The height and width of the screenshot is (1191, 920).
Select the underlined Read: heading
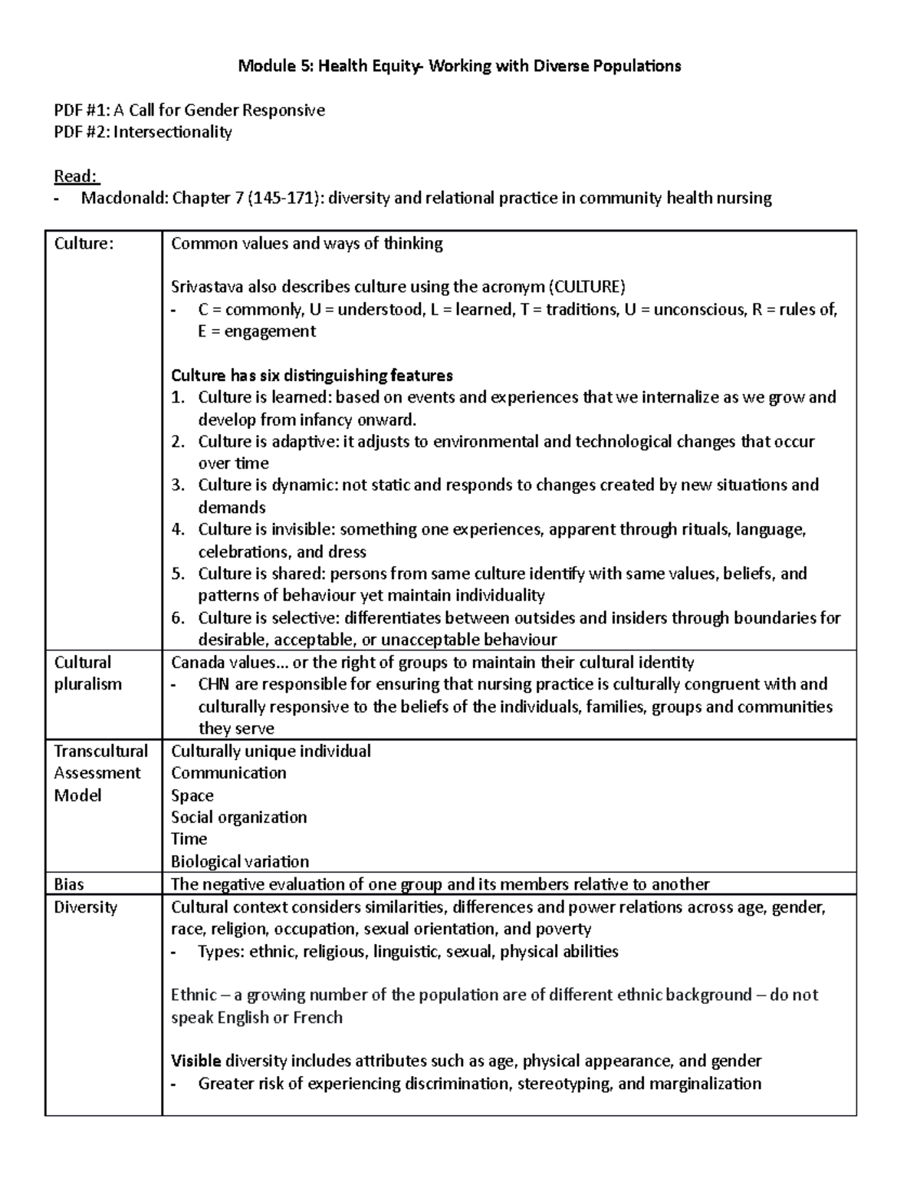click(76, 176)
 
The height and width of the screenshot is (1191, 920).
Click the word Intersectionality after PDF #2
click(172, 132)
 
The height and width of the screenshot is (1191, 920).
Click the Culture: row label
click(84, 244)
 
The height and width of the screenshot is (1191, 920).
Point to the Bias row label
click(69, 884)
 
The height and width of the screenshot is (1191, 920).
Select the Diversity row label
click(85, 907)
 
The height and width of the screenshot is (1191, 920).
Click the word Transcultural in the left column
click(100, 751)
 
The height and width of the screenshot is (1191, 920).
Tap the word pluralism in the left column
click(87, 684)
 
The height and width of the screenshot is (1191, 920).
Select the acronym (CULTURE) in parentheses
click(586, 288)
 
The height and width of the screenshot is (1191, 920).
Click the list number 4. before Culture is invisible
click(178, 529)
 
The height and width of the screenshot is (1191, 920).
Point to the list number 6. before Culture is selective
click(178, 618)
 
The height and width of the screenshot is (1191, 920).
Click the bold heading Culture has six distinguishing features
click(311, 376)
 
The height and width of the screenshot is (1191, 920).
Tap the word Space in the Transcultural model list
click(192, 795)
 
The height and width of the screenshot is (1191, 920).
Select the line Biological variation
click(240, 861)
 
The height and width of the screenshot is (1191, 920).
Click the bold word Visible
click(195, 1061)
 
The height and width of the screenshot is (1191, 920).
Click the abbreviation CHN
click(215, 684)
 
